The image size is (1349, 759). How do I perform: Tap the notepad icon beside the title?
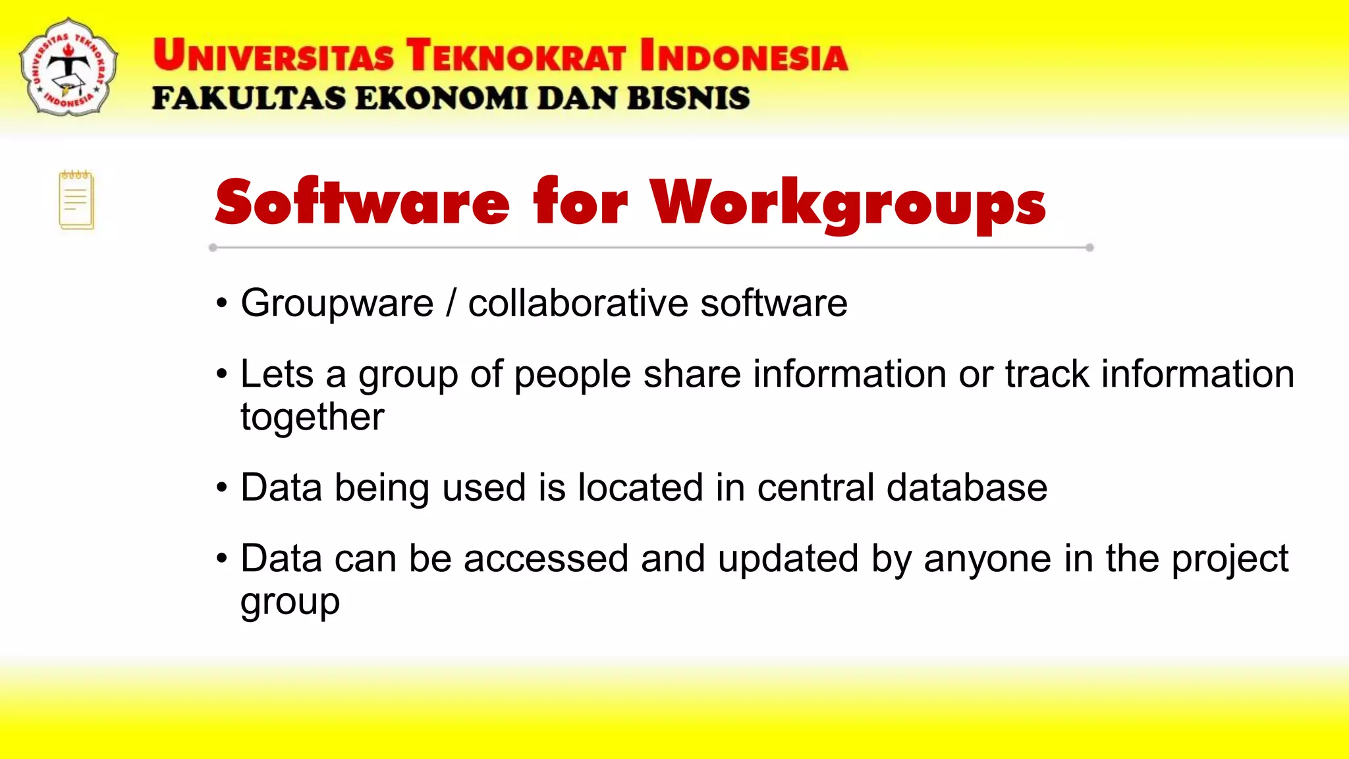click(76, 200)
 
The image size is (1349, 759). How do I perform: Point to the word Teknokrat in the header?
click(516, 55)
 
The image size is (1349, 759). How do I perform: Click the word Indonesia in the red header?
click(744, 55)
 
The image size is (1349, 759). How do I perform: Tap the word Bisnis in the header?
click(688, 98)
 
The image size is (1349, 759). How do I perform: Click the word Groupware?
click(337, 304)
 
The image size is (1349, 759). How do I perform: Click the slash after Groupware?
click(451, 304)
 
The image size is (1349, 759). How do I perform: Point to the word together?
click(312, 417)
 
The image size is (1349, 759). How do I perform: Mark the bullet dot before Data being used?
click(222, 488)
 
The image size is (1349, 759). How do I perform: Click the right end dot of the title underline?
click(1089, 248)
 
